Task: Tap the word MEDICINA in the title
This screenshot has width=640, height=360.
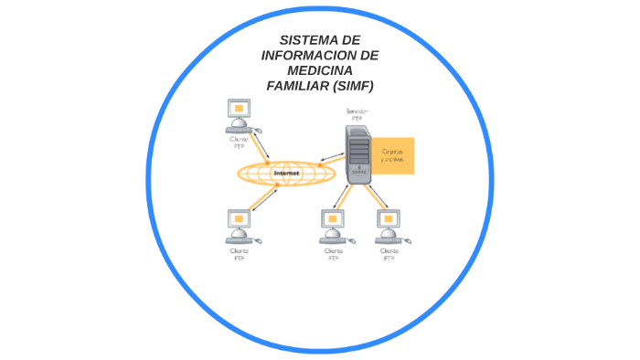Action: click(319, 70)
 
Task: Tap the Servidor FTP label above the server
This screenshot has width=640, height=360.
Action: click(357, 114)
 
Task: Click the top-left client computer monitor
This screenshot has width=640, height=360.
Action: click(240, 111)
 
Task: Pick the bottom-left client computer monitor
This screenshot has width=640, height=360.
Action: click(239, 221)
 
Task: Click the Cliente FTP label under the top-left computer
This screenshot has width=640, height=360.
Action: click(239, 143)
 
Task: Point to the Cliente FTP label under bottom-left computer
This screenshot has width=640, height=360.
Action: click(239, 253)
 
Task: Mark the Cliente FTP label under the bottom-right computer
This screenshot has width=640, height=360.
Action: click(389, 253)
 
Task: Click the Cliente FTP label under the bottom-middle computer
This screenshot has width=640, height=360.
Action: click(334, 253)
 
